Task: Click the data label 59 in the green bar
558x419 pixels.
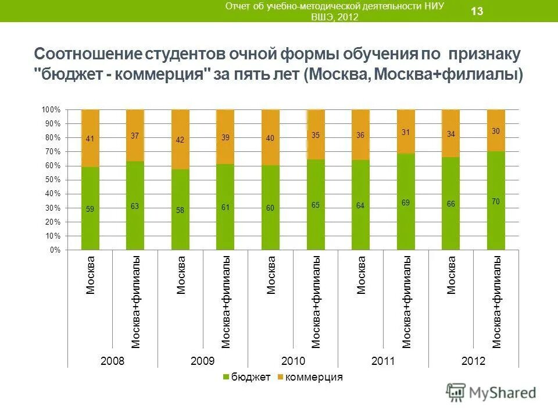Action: [90, 208]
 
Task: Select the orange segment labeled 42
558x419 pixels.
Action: [180, 140]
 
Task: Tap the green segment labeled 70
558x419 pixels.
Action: [496, 201]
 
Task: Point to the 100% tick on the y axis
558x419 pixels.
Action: [51, 110]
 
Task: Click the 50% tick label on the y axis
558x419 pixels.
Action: [52, 180]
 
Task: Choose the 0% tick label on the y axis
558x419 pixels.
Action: [55, 250]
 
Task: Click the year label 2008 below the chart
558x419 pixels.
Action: [113, 361]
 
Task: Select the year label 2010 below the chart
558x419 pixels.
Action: [293, 361]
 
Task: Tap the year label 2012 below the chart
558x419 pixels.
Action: [473, 361]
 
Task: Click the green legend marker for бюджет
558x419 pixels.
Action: [226, 378]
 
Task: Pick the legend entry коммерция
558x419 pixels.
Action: [314, 377]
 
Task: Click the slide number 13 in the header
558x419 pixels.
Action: [477, 11]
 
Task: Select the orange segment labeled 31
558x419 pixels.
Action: [406, 132]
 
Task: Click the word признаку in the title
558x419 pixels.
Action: [484, 54]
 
